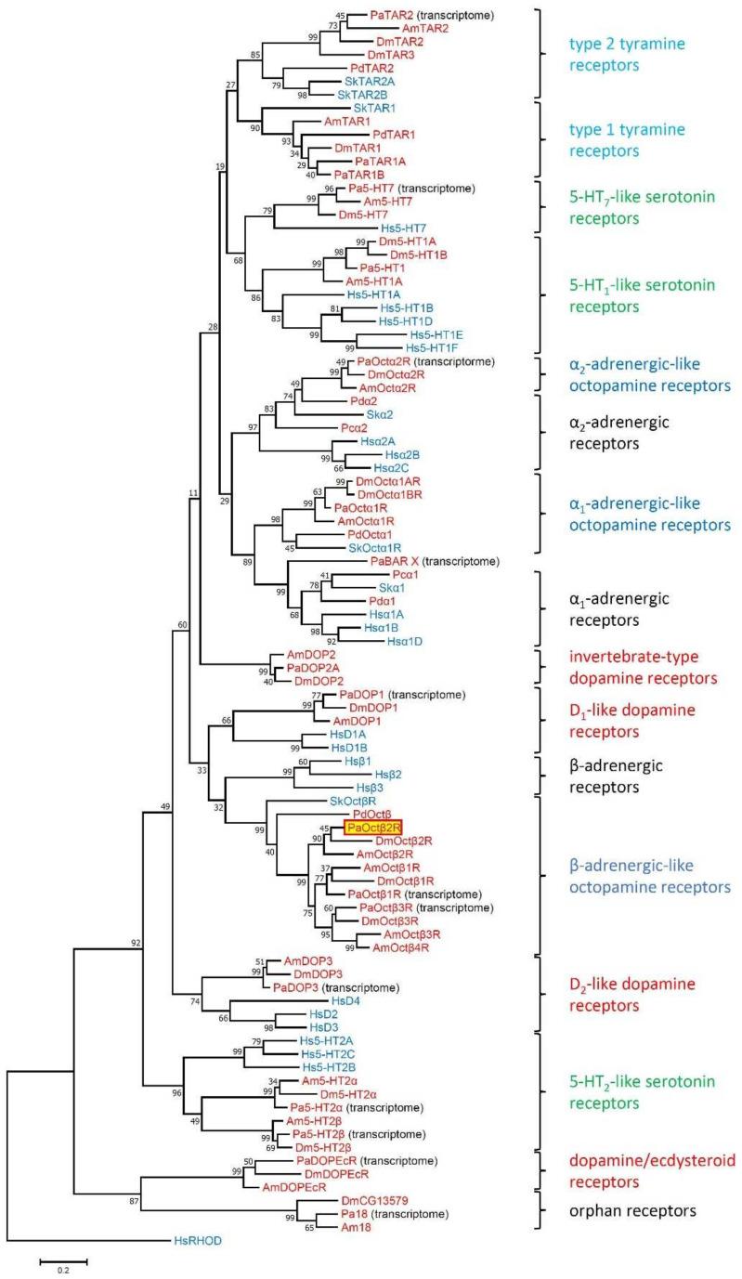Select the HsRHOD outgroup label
pyautogui.click(x=197, y=1239)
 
